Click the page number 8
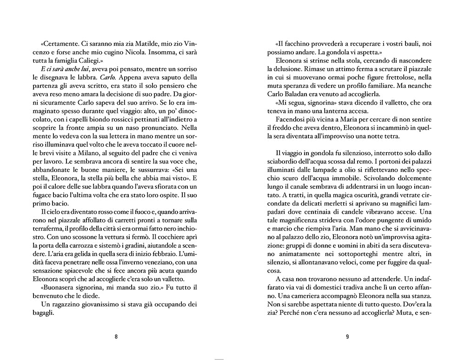coord(116,337)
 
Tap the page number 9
coord(347,337)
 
